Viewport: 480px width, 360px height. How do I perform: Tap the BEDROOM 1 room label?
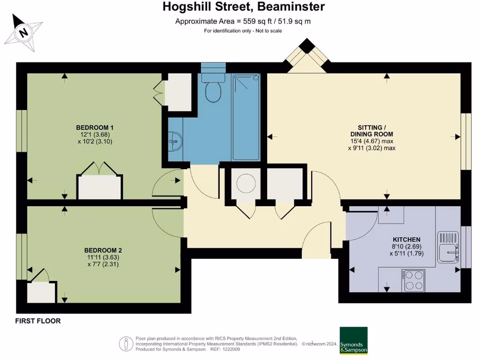click(x=95, y=127)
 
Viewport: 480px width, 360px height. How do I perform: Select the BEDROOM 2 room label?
click(x=103, y=250)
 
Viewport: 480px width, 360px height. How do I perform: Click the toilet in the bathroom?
click(x=213, y=91)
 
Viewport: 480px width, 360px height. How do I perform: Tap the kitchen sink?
click(x=448, y=247)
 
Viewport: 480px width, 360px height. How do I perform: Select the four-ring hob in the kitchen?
click(x=413, y=280)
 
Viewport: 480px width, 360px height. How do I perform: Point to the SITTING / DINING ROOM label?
click(x=372, y=130)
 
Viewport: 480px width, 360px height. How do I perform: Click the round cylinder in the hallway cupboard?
click(x=246, y=183)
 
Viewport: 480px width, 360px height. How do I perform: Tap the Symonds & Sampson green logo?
click(x=353, y=340)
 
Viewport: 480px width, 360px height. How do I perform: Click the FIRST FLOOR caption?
click(x=37, y=321)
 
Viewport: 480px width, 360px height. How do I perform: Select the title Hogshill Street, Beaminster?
click(x=243, y=7)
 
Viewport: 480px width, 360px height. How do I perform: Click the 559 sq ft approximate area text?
click(x=243, y=21)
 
